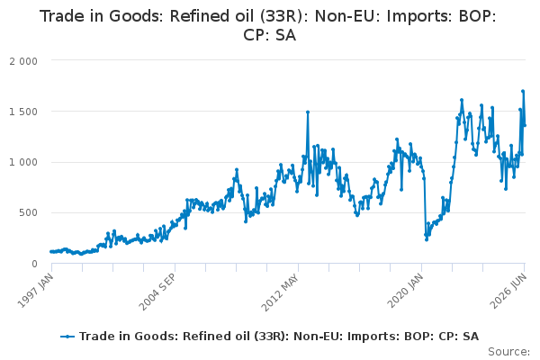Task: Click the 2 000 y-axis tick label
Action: point(23,61)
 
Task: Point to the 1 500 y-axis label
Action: point(23,112)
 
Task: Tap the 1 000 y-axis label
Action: point(23,162)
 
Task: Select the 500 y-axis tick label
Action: point(28,212)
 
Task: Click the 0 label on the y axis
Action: point(34,264)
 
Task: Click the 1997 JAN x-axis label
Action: point(35,291)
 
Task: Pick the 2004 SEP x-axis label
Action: point(157,292)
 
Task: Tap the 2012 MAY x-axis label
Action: point(280,292)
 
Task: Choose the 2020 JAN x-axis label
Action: point(405,291)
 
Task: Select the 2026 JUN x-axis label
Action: point(508,291)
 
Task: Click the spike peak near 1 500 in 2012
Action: point(308,112)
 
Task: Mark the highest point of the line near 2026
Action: point(523,91)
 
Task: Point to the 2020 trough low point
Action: point(427,239)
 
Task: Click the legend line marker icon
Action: point(67,337)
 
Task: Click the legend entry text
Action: point(279,337)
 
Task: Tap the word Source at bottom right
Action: point(508,352)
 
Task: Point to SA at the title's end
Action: point(285,35)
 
